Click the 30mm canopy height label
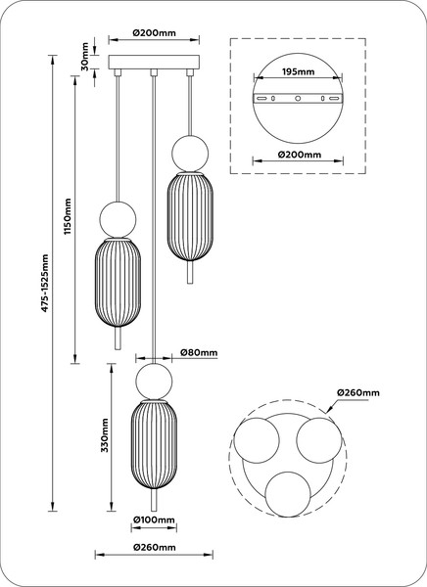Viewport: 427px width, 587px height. click(x=85, y=57)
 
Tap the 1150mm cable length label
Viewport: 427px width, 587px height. click(x=68, y=216)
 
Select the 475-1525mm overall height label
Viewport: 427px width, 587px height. click(x=45, y=283)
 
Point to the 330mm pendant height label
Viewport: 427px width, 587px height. click(x=105, y=435)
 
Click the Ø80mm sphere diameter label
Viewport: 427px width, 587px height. click(x=199, y=352)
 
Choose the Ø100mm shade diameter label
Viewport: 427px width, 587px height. click(x=154, y=519)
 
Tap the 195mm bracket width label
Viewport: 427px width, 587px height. click(x=298, y=71)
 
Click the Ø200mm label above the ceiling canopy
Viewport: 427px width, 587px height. click(x=154, y=32)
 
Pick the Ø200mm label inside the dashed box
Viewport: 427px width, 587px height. click(x=300, y=155)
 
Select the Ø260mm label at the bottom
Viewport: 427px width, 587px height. click(x=154, y=547)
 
